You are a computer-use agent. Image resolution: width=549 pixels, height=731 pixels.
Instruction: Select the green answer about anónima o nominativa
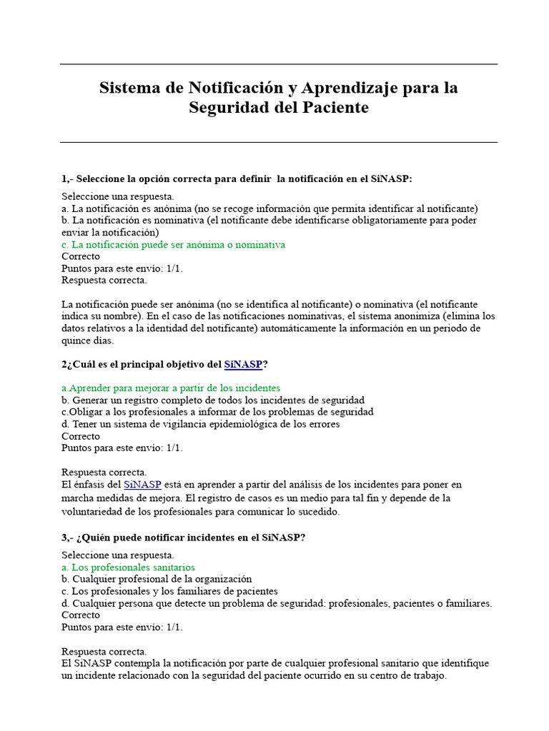click(173, 245)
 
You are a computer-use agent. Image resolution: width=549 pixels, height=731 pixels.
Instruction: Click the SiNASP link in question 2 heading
click(243, 364)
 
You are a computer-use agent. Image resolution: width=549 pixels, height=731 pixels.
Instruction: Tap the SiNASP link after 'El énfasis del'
click(142, 485)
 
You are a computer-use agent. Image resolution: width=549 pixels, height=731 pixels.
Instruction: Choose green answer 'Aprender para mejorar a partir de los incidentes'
click(171, 388)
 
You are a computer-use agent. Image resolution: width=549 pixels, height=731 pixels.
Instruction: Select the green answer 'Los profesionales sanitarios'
click(128, 568)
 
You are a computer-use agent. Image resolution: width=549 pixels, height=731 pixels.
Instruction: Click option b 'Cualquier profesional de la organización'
click(157, 579)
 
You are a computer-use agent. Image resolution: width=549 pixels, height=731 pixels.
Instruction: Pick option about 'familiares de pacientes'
click(169, 591)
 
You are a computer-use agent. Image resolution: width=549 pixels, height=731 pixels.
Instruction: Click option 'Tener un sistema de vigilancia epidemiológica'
click(200, 424)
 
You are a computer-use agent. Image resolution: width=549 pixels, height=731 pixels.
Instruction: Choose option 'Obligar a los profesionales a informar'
click(217, 412)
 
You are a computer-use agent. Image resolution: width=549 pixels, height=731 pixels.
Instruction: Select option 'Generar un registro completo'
click(213, 400)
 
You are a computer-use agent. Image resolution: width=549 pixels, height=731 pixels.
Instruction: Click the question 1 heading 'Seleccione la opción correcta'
click(237, 178)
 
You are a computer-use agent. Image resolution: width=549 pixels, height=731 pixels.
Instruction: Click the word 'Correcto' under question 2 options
click(81, 436)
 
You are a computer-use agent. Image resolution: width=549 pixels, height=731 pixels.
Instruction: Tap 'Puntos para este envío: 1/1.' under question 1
click(122, 268)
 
